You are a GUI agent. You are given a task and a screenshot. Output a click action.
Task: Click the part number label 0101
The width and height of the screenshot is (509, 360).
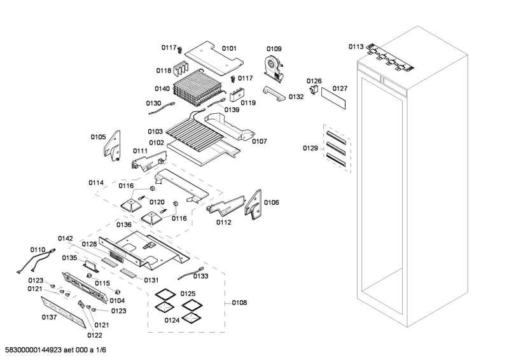pyautogui.click(x=229, y=48)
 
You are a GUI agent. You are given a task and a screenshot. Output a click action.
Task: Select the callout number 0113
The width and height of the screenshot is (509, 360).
pyautogui.click(x=356, y=46)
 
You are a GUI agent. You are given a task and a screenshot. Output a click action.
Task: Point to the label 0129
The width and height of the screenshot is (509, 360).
pyautogui.click(x=310, y=148)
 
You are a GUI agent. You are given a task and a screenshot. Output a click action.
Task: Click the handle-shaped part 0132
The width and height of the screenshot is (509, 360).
pyautogui.click(x=275, y=94)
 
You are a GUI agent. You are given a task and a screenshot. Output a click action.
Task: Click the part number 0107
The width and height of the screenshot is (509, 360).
pyautogui.click(x=259, y=141)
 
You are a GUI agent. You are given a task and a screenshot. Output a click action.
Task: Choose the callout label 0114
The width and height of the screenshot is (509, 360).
pyautogui.click(x=96, y=183)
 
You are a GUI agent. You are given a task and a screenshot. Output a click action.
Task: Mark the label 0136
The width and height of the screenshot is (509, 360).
pyautogui.click(x=124, y=225)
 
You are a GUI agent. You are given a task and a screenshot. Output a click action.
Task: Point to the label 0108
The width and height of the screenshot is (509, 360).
pyautogui.click(x=239, y=303)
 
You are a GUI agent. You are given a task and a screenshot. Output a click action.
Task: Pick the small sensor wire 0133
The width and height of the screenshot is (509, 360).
pyautogui.click(x=188, y=274)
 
